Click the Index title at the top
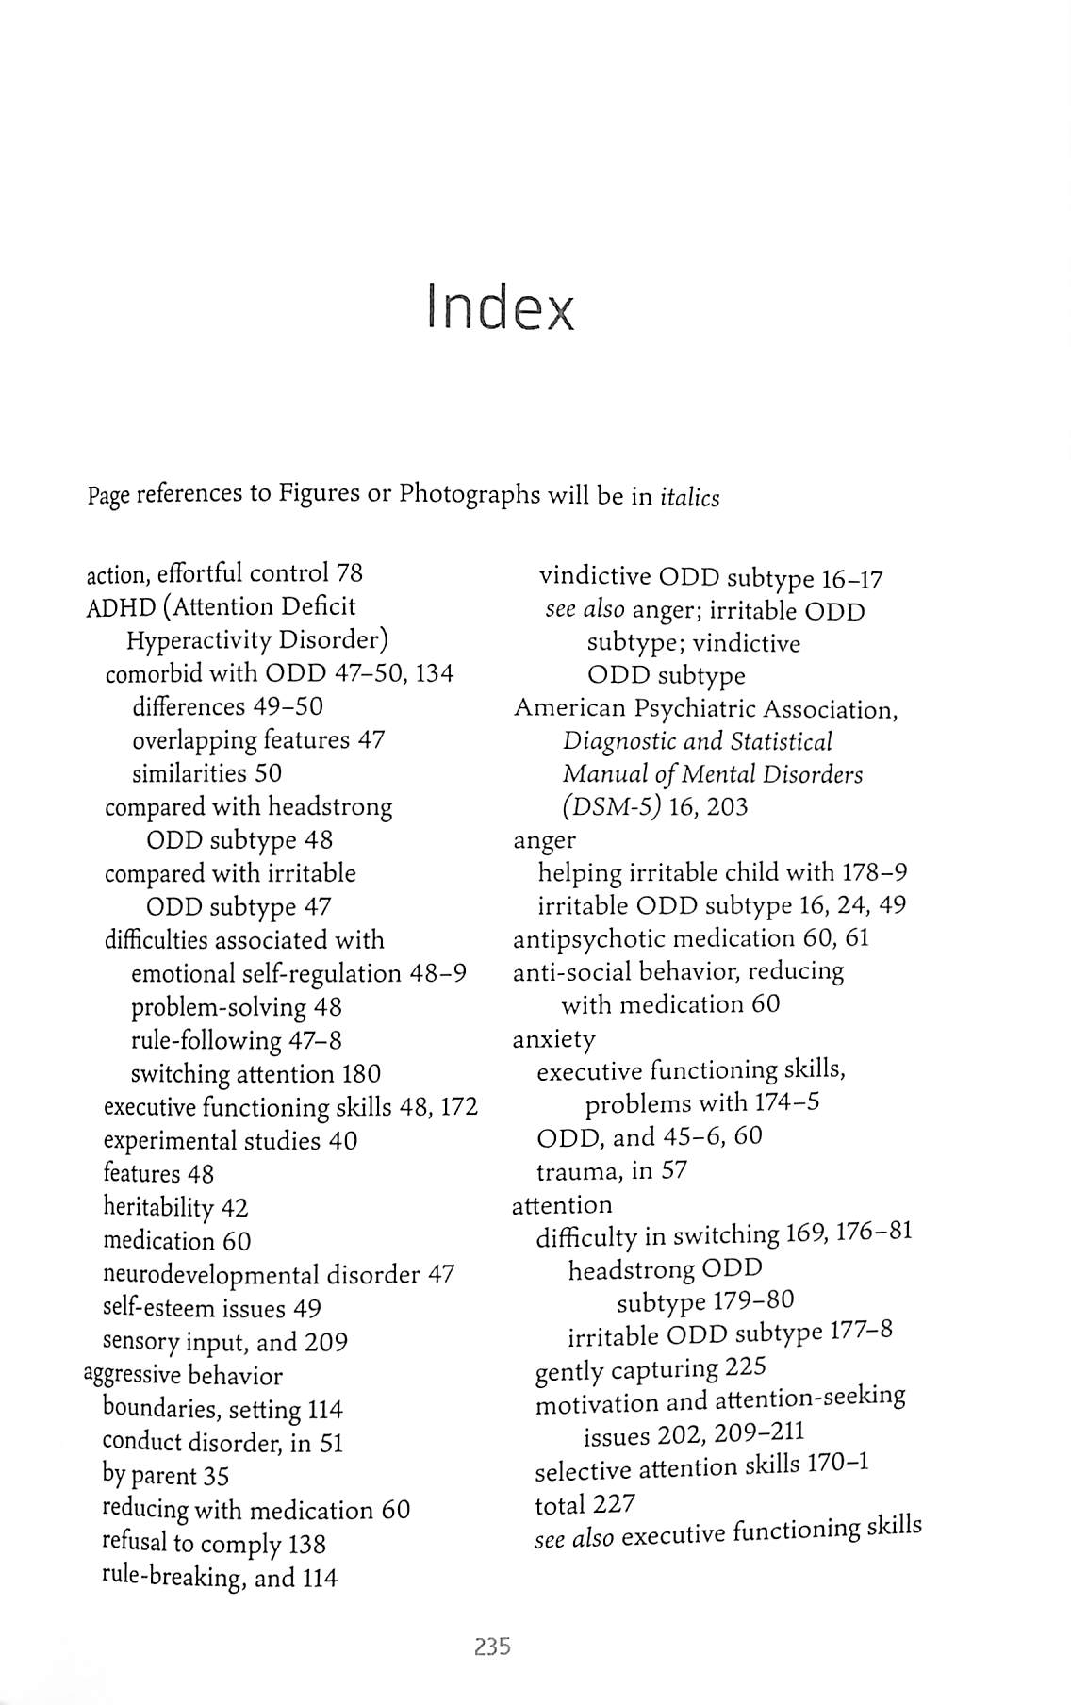click(501, 307)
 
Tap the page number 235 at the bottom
click(492, 1647)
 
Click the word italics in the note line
click(690, 498)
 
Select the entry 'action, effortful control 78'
click(224, 573)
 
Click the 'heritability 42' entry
click(175, 1208)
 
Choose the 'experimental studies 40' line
click(230, 1141)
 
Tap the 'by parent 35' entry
click(165, 1476)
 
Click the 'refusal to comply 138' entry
click(213, 1544)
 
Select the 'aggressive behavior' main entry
click(184, 1375)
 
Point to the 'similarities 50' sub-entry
click(206, 773)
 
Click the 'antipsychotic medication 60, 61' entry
click(690, 939)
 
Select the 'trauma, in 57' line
click(611, 1171)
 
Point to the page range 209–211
click(759, 1432)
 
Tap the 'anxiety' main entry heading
click(553, 1039)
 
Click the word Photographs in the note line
click(470, 494)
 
